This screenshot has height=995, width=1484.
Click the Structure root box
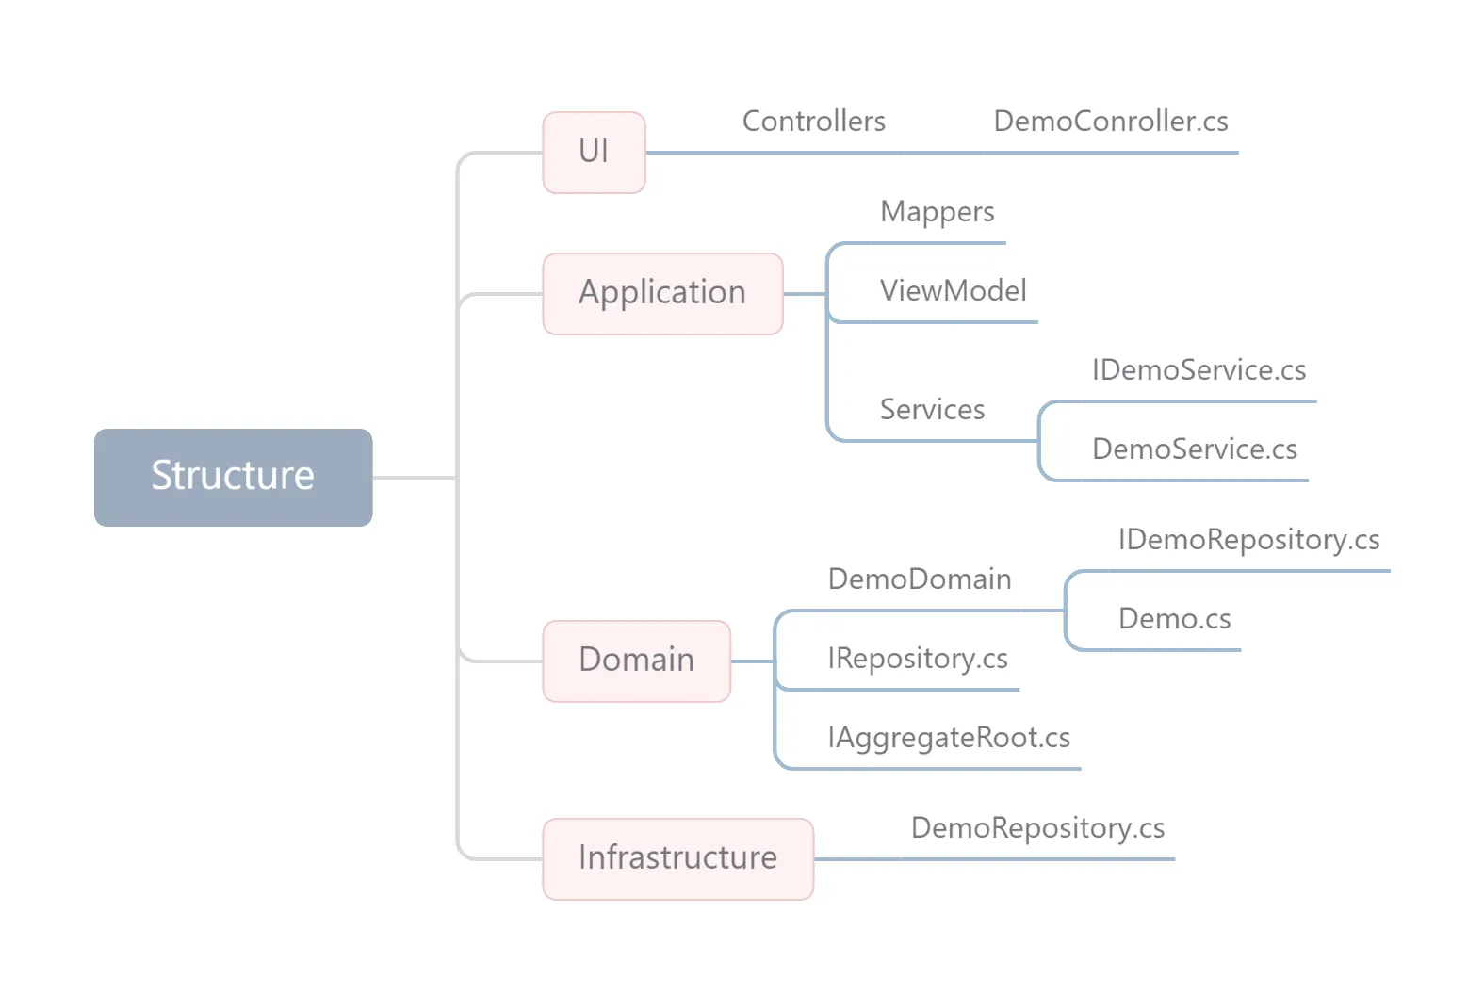point(233,477)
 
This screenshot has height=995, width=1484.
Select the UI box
point(594,152)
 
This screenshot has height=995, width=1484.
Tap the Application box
point(662,293)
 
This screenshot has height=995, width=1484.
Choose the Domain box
point(636,661)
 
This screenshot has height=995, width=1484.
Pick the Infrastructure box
point(677,858)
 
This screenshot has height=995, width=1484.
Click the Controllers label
point(813,122)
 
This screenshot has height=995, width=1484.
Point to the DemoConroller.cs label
point(1110,122)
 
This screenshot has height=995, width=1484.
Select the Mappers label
point(937,212)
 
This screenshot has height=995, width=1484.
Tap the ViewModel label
point(953,291)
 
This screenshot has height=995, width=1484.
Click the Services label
point(932,410)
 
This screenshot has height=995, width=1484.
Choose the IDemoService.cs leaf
point(1199,370)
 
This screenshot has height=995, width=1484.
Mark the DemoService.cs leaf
point(1194,449)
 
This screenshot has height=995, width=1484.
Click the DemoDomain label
point(919,579)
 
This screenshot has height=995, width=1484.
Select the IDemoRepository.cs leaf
point(1248,540)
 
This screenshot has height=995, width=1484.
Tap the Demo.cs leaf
point(1174,619)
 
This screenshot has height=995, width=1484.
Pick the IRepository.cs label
point(917,659)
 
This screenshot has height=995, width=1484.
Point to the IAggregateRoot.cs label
point(948,738)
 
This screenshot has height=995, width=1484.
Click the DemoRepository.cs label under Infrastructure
point(1037,828)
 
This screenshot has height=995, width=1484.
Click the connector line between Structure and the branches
point(415,478)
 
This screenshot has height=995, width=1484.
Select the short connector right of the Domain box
point(752,661)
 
